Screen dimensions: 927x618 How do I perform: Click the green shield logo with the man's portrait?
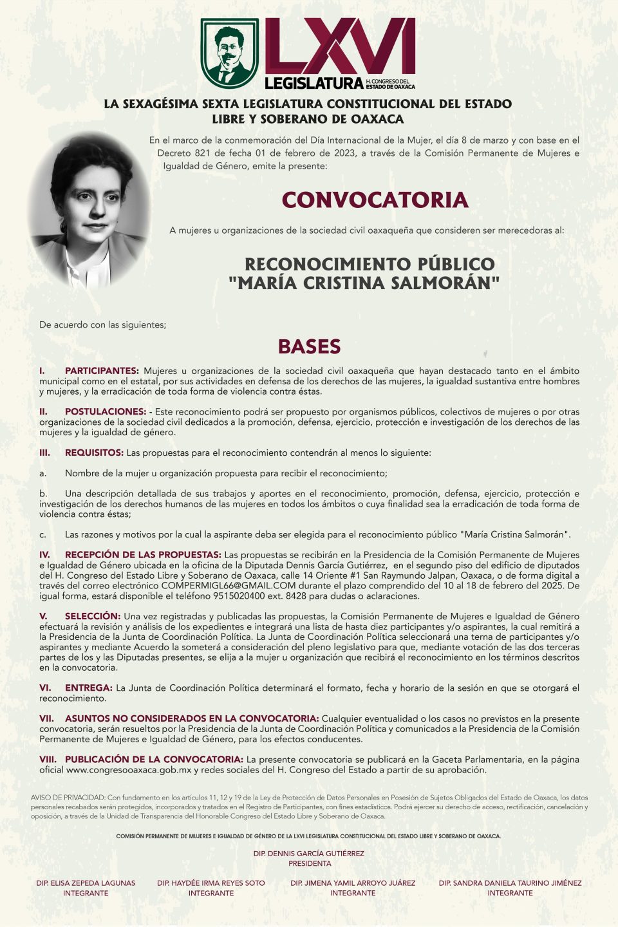[x=230, y=53]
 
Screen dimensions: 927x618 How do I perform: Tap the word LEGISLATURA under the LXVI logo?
[x=314, y=83]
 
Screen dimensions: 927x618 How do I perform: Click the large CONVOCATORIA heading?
[x=375, y=200]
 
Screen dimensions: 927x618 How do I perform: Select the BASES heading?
[x=309, y=346]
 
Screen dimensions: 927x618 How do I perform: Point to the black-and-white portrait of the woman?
[x=88, y=210]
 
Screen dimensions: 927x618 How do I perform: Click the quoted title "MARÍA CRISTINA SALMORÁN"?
[x=364, y=283]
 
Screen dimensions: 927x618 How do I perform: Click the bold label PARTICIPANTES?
[x=102, y=371]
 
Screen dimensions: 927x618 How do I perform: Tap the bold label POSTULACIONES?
[x=106, y=412]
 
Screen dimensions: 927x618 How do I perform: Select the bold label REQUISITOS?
[x=94, y=453]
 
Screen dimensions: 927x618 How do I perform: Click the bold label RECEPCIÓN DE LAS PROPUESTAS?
[x=143, y=555]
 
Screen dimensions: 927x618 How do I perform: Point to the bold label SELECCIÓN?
[x=93, y=616]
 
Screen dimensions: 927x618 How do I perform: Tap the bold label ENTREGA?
[x=88, y=688]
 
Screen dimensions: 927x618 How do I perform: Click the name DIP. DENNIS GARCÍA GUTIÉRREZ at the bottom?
[x=309, y=854]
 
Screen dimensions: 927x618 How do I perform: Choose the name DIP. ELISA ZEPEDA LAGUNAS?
[x=86, y=883]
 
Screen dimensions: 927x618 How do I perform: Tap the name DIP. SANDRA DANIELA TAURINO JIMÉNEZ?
[x=510, y=883]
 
